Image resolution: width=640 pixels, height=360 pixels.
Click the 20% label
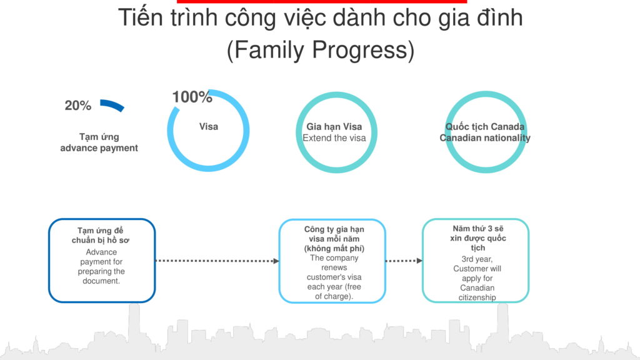[78, 106]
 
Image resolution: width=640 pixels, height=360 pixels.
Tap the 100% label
[192, 97]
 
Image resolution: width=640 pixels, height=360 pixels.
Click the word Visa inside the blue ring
[209, 127]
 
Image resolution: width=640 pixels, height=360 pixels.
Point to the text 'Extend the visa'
[334, 137]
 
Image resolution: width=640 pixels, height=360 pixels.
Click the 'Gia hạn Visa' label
[334, 127]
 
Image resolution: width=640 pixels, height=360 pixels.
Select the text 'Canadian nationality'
[485, 138]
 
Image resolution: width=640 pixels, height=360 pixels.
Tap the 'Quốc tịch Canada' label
[485, 127]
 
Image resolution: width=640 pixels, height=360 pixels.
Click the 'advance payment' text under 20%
[99, 148]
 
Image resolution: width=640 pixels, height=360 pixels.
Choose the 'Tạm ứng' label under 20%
[99, 137]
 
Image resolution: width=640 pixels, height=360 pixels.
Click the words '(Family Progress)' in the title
[320, 50]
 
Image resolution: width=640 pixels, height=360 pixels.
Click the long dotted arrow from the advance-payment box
[216, 261]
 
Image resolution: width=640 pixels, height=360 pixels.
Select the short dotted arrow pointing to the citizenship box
[403, 261]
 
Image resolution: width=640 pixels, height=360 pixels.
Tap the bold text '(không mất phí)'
[334, 249]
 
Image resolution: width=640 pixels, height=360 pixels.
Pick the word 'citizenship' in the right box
[477, 297]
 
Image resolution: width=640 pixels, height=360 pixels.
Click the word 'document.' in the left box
[101, 281]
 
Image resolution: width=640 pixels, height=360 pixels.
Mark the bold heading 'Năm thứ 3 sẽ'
[477, 229]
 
